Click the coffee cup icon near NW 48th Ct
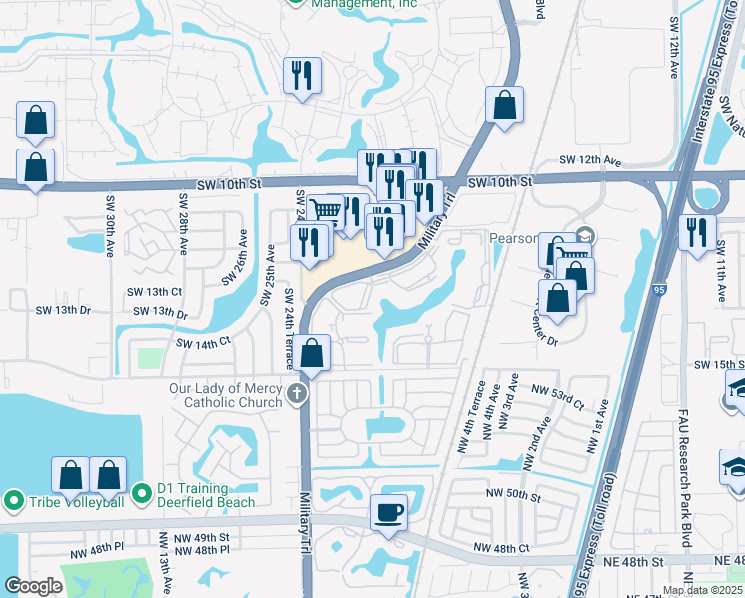[x=388, y=512]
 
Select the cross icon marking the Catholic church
[x=296, y=395]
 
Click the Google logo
[x=33, y=586]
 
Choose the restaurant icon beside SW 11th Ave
[x=698, y=232]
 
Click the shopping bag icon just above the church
[x=312, y=353]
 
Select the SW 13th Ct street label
[x=154, y=292]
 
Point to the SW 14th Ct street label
[x=203, y=342]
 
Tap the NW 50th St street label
[x=513, y=494]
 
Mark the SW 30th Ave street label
[x=110, y=232]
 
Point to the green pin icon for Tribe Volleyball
[x=14, y=500]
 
